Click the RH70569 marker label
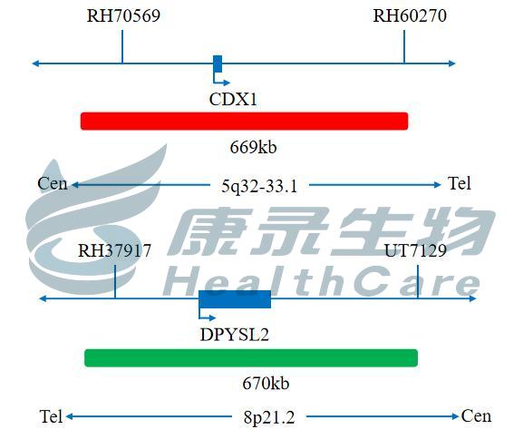(x=123, y=15)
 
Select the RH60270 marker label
(x=410, y=15)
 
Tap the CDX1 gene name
(x=233, y=99)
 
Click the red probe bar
(x=244, y=121)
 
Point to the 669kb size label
(x=253, y=147)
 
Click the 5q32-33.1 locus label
(x=259, y=186)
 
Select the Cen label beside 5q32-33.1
(x=53, y=183)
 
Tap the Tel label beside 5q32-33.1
(x=460, y=183)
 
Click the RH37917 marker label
(x=114, y=250)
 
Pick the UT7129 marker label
(x=415, y=250)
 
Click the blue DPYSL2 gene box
(x=235, y=299)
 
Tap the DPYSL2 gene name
(x=235, y=335)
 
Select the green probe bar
(x=251, y=358)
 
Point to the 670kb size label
(x=266, y=384)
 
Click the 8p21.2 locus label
(x=269, y=417)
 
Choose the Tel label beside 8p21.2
(x=51, y=416)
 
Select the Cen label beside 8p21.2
(x=476, y=416)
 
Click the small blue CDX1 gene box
(x=218, y=63)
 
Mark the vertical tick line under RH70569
(x=122, y=47)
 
